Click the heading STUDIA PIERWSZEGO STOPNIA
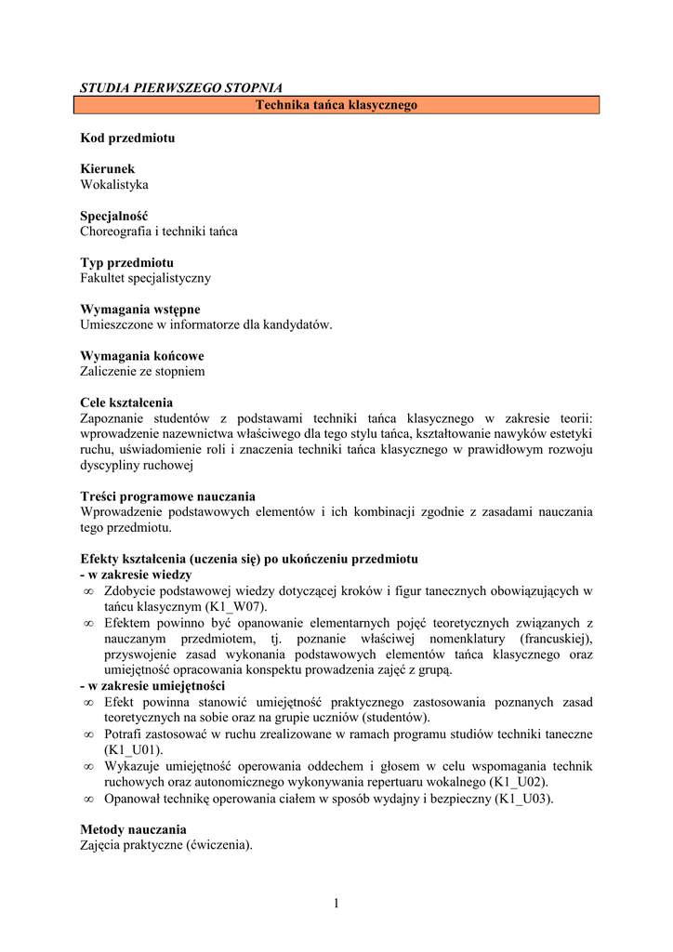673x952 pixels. tap(180, 88)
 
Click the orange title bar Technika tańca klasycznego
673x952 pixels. tap(336, 105)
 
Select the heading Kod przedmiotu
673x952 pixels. tap(127, 138)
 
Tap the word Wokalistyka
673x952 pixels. tap(114, 185)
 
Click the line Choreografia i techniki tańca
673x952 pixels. tap(159, 231)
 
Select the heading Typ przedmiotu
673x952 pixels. tap(126, 262)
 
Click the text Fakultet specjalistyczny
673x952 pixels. tap(146, 278)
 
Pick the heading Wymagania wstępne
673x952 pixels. tap(139, 309)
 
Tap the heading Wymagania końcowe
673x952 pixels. tap(141, 356)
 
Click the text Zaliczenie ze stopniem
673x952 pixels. tap(142, 372)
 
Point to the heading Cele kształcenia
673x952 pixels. tap(126, 403)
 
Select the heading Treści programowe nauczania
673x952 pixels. tap(167, 496)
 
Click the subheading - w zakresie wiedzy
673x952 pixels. tap(136, 575)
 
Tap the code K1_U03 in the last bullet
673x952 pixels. tap(523, 798)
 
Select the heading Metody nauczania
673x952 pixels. tap(133, 829)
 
